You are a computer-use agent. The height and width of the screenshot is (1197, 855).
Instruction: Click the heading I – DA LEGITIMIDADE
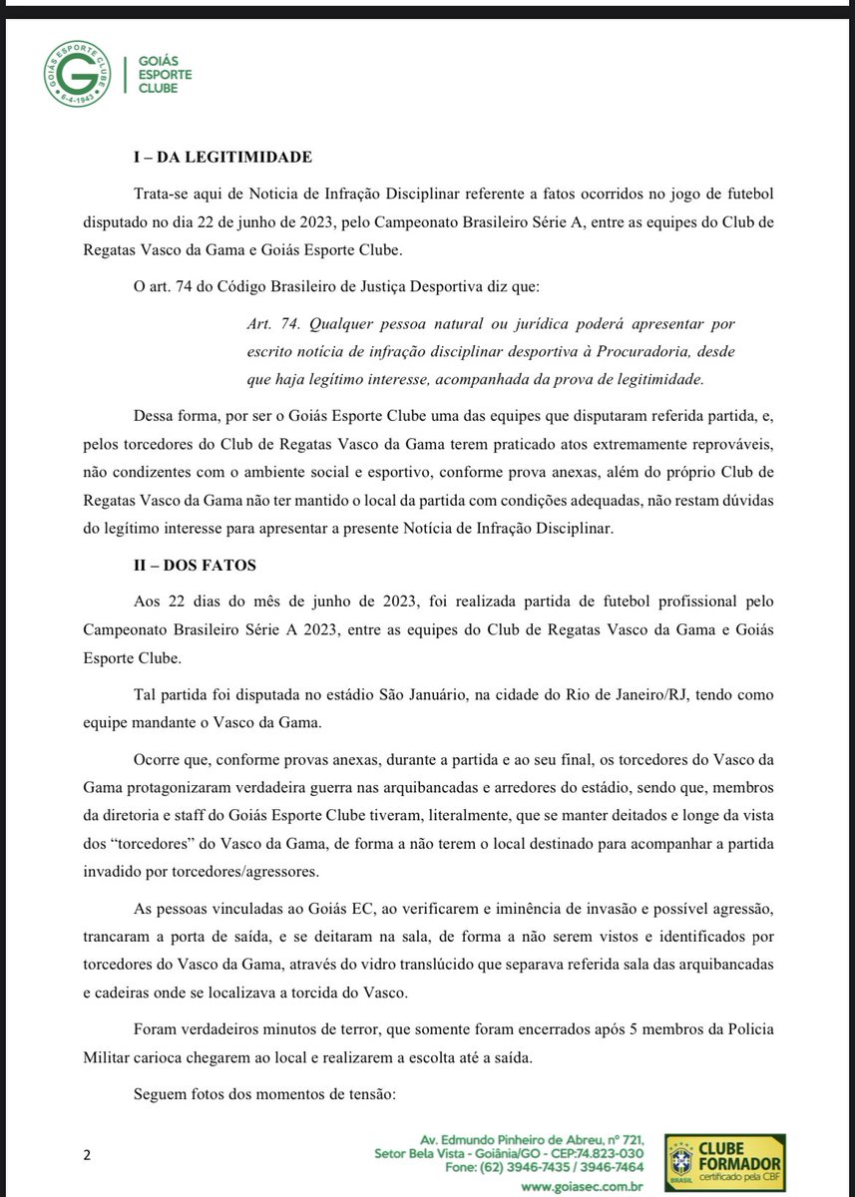point(223,158)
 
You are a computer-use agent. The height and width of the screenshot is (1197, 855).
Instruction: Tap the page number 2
point(87,1155)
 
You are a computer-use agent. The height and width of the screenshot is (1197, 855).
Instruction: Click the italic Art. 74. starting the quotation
point(271,325)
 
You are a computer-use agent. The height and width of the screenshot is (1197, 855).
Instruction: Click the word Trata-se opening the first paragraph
point(165,192)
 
